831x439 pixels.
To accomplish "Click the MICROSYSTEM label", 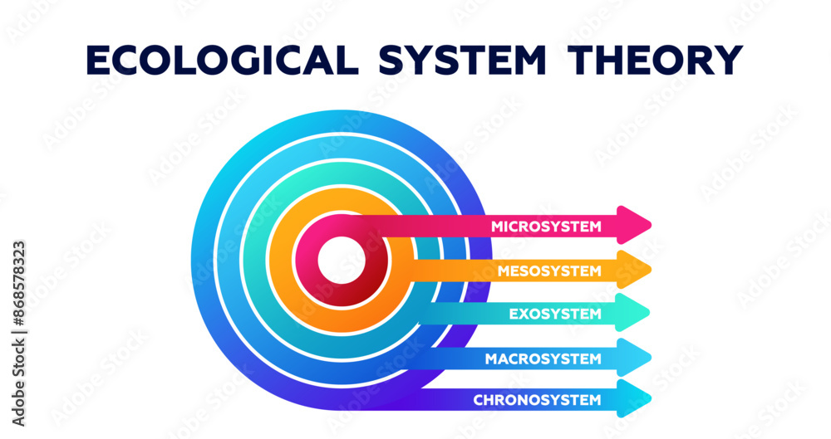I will [x=545, y=226].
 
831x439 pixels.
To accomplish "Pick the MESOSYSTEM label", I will [x=548, y=271].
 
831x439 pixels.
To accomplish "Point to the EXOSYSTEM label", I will [x=554, y=315].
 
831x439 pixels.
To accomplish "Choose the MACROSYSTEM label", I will [x=543, y=359].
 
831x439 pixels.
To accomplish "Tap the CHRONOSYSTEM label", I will [x=537, y=400].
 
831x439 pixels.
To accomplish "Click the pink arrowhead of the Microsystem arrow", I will [x=636, y=222].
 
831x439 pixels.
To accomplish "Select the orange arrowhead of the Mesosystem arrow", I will [x=636, y=269].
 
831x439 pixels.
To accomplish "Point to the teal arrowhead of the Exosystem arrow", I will [x=636, y=313].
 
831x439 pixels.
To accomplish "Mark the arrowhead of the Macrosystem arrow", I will [x=636, y=357].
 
